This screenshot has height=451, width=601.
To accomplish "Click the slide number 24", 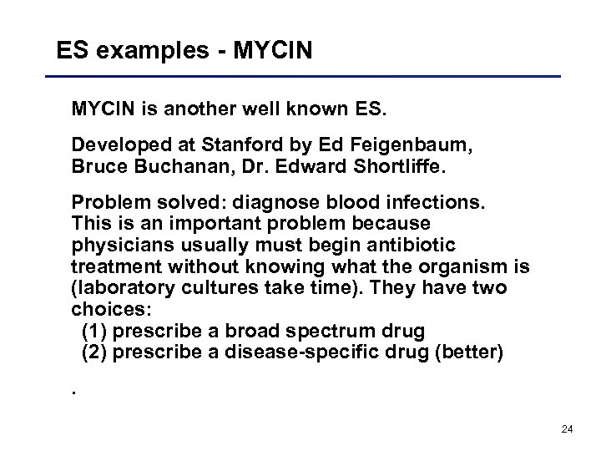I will pyautogui.click(x=567, y=429).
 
